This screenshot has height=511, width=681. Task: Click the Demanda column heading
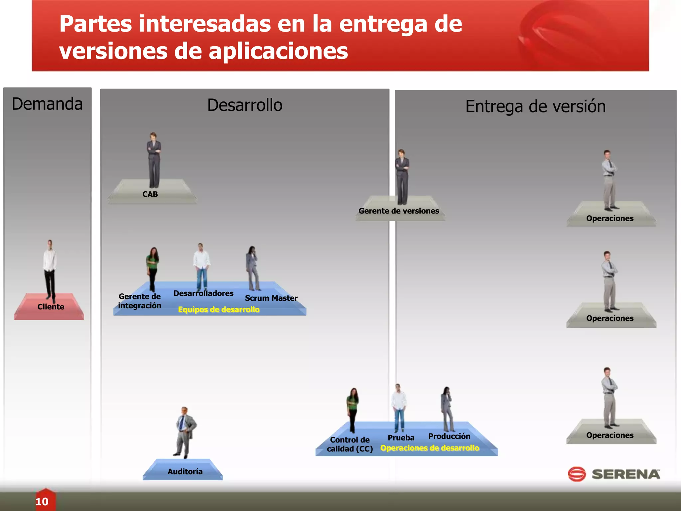[x=47, y=104]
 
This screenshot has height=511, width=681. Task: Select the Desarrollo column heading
[x=245, y=105]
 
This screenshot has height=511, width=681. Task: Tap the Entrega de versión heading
[x=535, y=106]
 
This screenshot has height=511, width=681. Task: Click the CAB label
[x=150, y=194]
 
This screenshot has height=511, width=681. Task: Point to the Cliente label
[x=51, y=307]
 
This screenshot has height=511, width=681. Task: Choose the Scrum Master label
[x=271, y=298]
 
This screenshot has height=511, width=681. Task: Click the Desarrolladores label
[x=203, y=293]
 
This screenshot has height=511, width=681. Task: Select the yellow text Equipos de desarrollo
[x=218, y=310]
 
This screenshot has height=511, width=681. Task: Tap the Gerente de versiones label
[x=399, y=211]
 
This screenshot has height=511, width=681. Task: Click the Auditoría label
[x=185, y=471]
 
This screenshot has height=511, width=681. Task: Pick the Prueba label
[x=401, y=438]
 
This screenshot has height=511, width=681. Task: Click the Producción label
[x=449, y=436]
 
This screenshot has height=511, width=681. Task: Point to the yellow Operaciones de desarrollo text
[x=430, y=448]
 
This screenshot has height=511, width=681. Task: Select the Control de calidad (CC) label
[x=350, y=444]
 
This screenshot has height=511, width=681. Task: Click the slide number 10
[x=42, y=502]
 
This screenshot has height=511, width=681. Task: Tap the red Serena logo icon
[x=577, y=474]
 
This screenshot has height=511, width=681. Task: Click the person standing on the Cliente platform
[x=50, y=269]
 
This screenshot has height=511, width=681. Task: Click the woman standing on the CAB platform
[x=154, y=160]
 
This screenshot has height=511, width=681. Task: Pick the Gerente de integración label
[x=140, y=301]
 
